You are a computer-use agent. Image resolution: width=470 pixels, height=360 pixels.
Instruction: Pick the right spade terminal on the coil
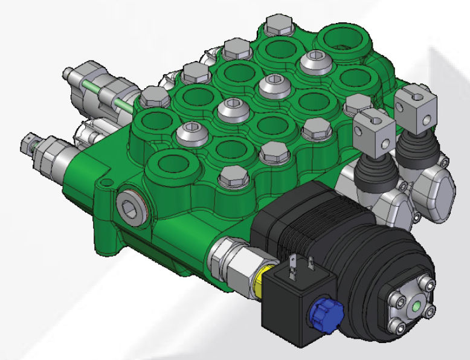[312, 263]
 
